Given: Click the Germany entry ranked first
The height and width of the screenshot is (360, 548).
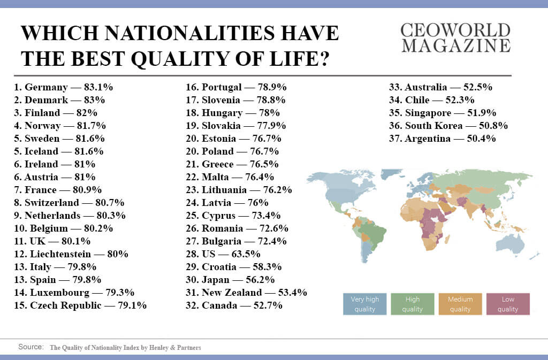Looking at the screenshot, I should [63, 87].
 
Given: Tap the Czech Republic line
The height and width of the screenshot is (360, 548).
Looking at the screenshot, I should [80, 305].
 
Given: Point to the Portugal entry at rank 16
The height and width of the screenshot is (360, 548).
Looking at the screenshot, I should [236, 87].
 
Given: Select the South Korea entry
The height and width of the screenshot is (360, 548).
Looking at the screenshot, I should [448, 126].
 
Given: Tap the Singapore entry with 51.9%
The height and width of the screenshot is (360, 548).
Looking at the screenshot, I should [443, 113].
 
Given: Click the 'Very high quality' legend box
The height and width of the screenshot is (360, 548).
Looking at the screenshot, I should [364, 304].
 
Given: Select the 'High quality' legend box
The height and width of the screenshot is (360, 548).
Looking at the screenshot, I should [412, 304].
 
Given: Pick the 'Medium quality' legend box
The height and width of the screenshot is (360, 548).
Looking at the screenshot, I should [459, 304].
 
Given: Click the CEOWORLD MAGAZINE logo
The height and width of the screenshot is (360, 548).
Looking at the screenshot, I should [455, 37].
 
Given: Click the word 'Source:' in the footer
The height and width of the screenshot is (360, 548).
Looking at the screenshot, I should [31, 347].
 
